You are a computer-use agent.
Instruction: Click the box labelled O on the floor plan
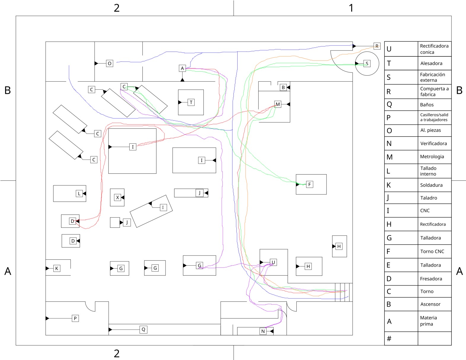109,63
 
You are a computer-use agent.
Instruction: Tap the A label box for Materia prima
182,68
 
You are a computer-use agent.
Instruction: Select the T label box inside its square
191,102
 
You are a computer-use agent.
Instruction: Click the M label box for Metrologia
278,104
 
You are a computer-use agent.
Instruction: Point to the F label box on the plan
309,184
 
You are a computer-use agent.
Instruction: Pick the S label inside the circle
367,64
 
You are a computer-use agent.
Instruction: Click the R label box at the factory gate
377,46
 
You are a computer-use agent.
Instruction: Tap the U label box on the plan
273,262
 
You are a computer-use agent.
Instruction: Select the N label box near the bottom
263,331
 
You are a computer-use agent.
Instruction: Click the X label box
117,197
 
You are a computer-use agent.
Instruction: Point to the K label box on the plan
57,268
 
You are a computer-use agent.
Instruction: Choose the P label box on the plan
75,318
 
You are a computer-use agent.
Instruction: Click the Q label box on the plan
143,329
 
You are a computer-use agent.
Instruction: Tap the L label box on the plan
79,194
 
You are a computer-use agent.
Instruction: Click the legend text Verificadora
433,143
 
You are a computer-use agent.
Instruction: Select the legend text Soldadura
431,185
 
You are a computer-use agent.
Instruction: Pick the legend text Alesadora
431,63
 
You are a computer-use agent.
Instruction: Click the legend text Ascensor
430,304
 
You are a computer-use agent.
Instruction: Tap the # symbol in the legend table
389,338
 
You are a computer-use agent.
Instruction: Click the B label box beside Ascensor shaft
283,87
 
